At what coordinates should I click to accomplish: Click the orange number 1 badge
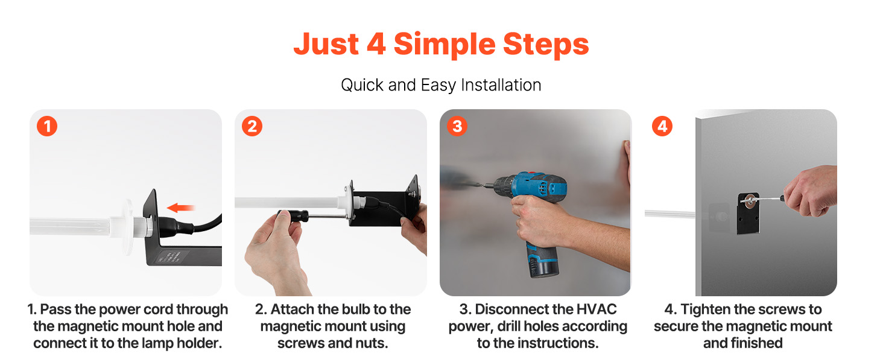click(x=47, y=126)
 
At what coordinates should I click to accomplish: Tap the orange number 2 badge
click(x=252, y=126)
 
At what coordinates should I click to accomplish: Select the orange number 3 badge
click(x=457, y=126)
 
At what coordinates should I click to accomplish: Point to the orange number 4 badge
click(x=662, y=126)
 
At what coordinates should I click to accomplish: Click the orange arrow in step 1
click(x=180, y=208)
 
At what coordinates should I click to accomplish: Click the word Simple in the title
click(x=445, y=45)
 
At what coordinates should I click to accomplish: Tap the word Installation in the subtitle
click(x=501, y=85)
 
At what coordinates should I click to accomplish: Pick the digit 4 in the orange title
click(x=376, y=44)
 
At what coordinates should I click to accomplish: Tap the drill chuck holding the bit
click(x=500, y=185)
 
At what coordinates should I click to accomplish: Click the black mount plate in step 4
click(x=748, y=214)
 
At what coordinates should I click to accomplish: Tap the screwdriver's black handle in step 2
click(x=294, y=216)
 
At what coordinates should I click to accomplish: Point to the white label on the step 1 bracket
click(x=170, y=256)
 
